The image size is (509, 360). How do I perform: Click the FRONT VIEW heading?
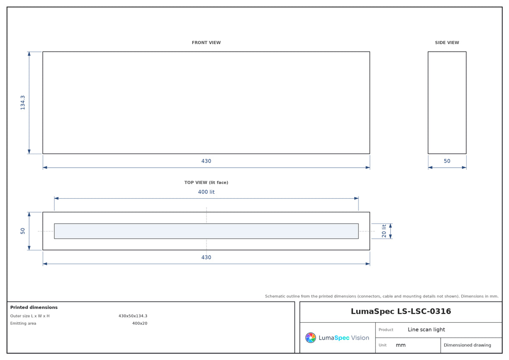pos(206,42)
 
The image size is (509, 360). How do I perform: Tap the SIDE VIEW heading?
pos(447,42)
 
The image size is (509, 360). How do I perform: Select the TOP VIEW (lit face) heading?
pos(206,183)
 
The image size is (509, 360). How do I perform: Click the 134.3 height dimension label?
pos(23,103)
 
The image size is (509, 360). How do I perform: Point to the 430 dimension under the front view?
pos(206,161)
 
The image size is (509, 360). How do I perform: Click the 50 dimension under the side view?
pos(447,161)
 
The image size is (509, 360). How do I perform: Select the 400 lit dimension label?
pos(206,192)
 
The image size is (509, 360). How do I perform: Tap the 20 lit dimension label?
pos(384,231)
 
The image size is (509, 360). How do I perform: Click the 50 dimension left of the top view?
pos(23,231)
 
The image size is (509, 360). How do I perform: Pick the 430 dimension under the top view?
pos(206,257)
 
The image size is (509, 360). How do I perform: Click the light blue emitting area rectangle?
pos(206,231)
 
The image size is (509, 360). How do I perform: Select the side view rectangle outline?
pos(428,103)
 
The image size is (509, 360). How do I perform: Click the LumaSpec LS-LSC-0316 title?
pos(401,311)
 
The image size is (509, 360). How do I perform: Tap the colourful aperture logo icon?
pos(310,337)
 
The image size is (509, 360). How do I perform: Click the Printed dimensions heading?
pos(34,307)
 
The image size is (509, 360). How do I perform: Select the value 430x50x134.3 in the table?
pos(133,316)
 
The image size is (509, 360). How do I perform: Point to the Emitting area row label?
pos(23,323)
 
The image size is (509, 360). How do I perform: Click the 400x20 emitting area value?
pos(140,323)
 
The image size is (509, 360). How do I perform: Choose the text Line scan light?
pos(426,329)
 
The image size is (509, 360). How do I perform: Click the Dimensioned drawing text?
pos(467,345)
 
